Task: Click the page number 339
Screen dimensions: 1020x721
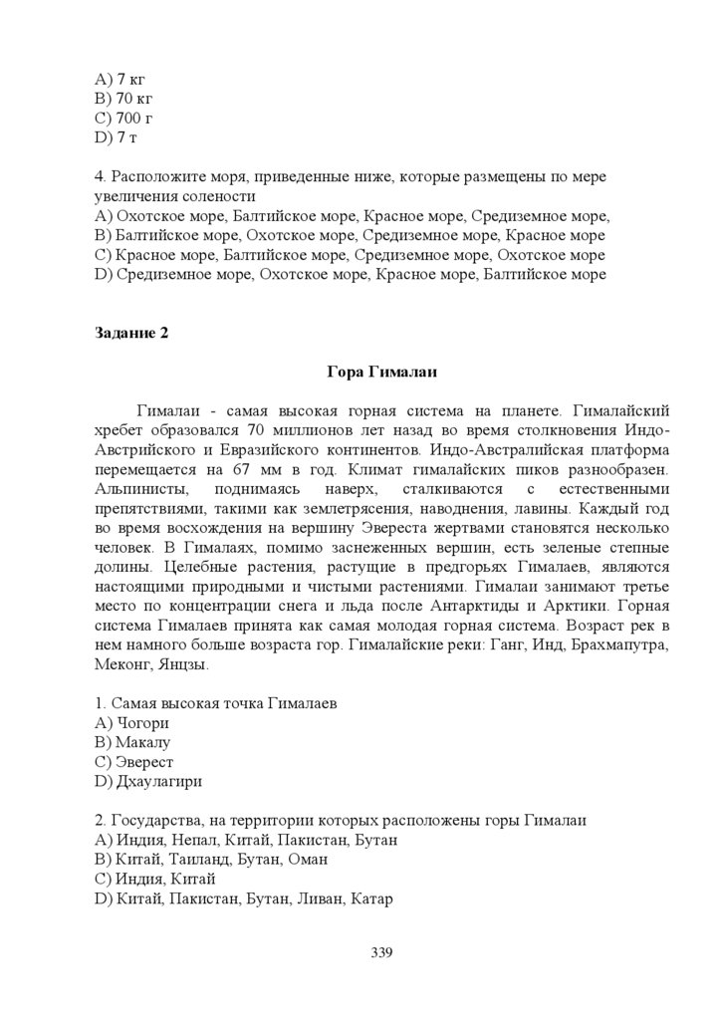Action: pos(382,952)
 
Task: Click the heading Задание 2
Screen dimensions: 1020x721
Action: pos(131,333)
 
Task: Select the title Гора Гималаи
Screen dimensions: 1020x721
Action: pos(382,373)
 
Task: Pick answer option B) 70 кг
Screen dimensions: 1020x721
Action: pos(123,99)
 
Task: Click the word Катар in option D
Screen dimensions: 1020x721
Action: pos(373,897)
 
